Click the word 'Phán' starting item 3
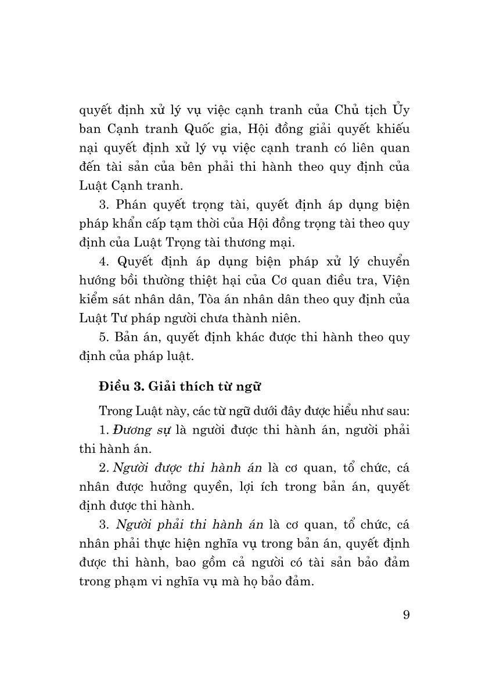coord(133,204)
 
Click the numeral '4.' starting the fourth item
coord(105,261)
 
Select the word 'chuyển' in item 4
coord(390,261)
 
